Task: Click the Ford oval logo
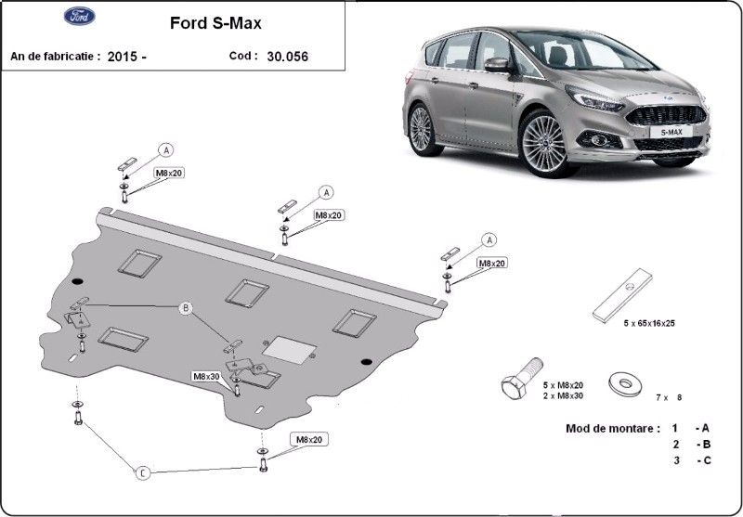[80, 16]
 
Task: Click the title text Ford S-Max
[215, 23]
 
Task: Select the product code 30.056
[288, 57]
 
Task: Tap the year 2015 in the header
[123, 57]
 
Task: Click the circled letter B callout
[186, 309]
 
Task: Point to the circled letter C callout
[143, 472]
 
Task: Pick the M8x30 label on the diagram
[206, 377]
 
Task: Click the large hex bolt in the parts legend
[521, 379]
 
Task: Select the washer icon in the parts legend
[625, 383]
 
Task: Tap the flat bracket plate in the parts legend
[622, 295]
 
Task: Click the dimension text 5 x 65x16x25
[649, 323]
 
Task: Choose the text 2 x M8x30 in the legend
[564, 395]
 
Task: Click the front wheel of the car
[544, 144]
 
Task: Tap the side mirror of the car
[497, 65]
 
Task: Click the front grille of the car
[667, 115]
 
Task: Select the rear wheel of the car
[422, 129]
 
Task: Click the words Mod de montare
[612, 429]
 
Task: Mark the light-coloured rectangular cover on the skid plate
[289, 350]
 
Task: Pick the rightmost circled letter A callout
[489, 240]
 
